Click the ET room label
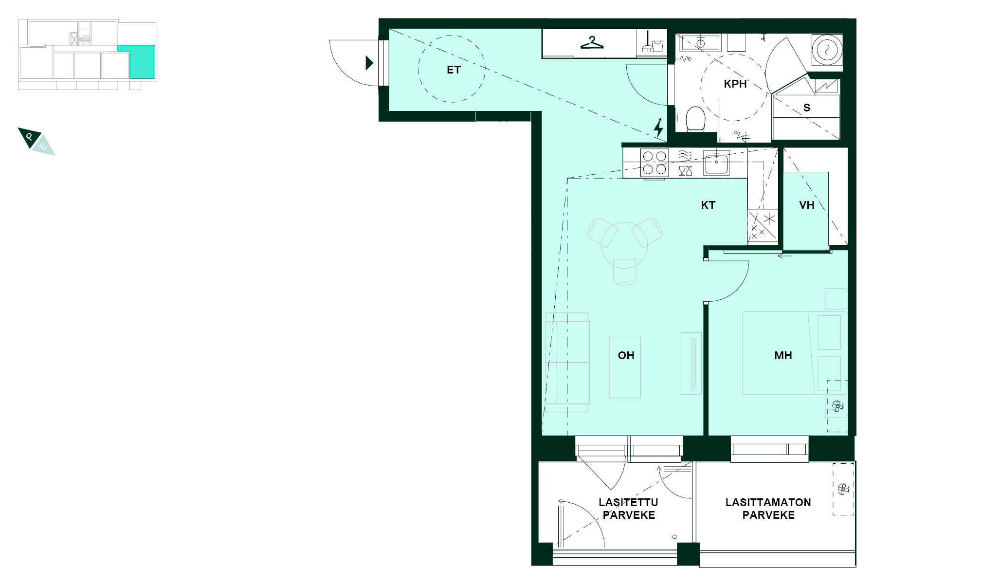point(454,70)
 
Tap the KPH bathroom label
point(735,84)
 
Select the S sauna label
point(807,108)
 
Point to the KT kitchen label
point(708,205)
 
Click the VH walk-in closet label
point(806,205)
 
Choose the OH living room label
point(626,356)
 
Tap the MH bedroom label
point(783,356)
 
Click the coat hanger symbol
point(592,43)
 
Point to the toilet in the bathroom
point(695,119)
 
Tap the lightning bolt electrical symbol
point(658,128)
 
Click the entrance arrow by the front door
point(369,63)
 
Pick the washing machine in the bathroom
point(826,49)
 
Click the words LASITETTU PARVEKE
point(629,509)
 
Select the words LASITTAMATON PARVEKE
point(768,509)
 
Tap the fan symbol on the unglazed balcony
point(843,489)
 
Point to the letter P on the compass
point(30,137)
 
